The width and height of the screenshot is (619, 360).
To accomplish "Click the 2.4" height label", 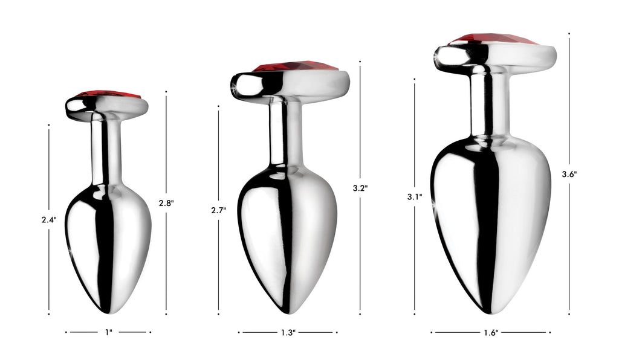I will tap(49, 220).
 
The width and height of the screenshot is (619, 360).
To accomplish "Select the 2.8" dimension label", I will tap(166, 203).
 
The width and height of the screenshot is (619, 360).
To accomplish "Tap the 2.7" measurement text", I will tap(218, 210).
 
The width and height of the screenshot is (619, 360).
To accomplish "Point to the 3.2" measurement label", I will tap(360, 188).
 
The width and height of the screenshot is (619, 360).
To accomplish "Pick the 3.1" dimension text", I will tap(415, 196).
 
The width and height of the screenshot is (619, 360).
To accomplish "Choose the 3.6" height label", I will tap(569, 174).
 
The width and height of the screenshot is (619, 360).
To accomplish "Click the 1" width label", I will tap(108, 332).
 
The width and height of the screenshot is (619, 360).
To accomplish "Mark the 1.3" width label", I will tap(288, 332).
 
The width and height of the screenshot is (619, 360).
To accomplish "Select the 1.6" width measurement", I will tap(491, 332).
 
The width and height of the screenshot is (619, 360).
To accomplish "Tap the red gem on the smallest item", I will tap(108, 94).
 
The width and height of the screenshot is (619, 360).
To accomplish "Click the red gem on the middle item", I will tap(295, 66).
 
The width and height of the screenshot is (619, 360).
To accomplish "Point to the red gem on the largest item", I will tap(493, 39).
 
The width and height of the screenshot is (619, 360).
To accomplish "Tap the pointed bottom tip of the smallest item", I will tap(107, 312).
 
